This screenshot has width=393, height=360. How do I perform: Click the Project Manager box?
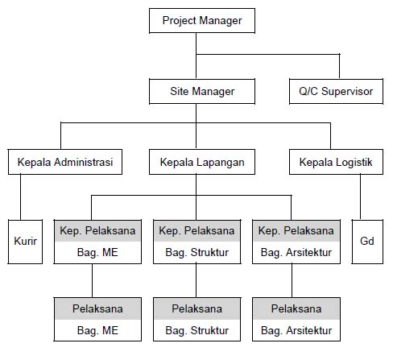point(202,21)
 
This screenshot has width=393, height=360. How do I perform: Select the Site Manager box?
point(202,91)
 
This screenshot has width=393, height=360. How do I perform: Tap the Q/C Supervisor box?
point(336,91)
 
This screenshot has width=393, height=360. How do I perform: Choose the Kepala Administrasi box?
point(65,162)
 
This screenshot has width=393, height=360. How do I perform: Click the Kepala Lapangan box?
point(202,162)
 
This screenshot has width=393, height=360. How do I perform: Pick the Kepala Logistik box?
point(336,162)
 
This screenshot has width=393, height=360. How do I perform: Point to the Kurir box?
point(25,242)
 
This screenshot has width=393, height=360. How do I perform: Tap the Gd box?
point(367,242)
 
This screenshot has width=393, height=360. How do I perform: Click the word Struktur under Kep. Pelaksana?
point(209,252)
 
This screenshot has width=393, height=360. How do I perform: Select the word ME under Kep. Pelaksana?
point(110,252)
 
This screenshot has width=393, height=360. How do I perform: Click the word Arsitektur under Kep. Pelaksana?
point(308,252)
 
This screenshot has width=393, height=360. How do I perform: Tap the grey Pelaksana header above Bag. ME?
point(97,308)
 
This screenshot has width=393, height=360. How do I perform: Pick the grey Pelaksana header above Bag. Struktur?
point(196,308)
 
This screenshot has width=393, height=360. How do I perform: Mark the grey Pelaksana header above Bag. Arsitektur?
point(296,308)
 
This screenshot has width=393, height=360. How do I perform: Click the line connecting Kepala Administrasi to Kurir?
point(21,197)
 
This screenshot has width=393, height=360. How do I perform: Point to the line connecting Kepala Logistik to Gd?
point(360,197)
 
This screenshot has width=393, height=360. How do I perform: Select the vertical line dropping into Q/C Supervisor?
point(339,66)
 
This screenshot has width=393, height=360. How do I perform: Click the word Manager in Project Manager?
point(221,21)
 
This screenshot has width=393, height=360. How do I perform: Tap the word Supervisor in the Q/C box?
point(347,92)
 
